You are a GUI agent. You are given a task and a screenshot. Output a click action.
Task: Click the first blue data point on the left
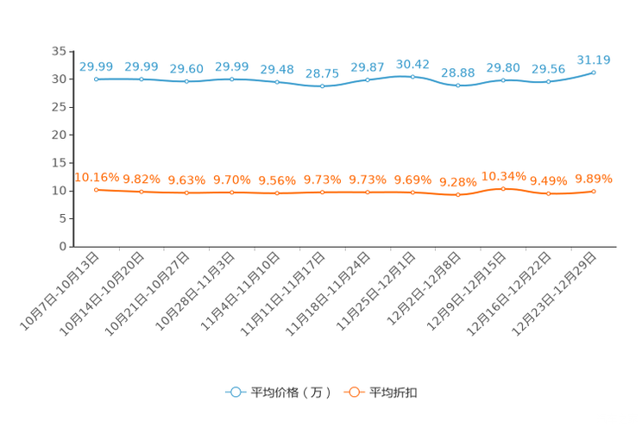[x=96, y=79]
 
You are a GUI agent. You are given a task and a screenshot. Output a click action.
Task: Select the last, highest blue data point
[x=594, y=72]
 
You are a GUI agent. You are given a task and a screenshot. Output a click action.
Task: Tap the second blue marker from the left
[x=142, y=79]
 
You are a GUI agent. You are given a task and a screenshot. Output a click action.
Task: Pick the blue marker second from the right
[x=548, y=82]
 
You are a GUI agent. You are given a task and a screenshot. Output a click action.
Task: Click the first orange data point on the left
[x=96, y=189]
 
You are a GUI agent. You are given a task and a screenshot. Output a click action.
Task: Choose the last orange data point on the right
[x=594, y=192]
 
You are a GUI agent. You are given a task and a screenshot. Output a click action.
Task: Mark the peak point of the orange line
[x=503, y=188]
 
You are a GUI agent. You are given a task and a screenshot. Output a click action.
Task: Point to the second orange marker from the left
[x=142, y=192]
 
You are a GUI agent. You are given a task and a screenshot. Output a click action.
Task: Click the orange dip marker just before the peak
[x=457, y=195]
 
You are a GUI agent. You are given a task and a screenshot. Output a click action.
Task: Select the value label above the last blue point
[x=594, y=60]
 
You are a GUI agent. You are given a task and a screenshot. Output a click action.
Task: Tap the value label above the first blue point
[x=96, y=66]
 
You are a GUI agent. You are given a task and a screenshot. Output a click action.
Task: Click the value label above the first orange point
[x=96, y=177]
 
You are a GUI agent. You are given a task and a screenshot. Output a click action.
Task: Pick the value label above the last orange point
[x=594, y=179]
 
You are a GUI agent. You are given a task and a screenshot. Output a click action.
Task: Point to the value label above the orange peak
[x=503, y=175]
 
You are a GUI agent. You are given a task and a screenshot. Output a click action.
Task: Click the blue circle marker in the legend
[x=234, y=392]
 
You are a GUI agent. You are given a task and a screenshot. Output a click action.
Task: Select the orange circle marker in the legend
[x=353, y=392]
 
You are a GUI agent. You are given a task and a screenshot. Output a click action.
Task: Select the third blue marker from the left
[x=186, y=81]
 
